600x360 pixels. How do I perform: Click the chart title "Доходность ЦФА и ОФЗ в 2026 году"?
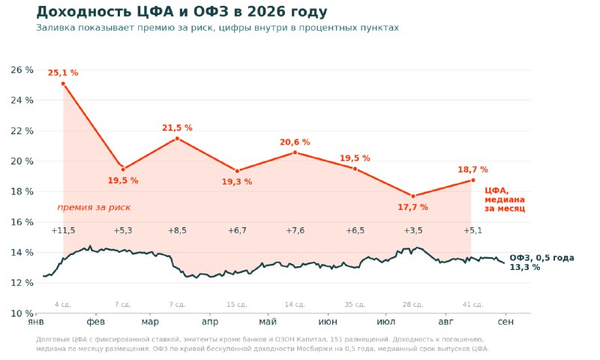[x=181, y=12]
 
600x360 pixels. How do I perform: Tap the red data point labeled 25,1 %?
[x=63, y=83]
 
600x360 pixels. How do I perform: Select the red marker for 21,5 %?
[x=177, y=139]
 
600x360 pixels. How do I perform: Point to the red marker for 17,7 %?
[x=413, y=196]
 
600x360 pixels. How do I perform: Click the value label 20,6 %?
[x=295, y=142]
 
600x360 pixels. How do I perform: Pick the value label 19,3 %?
[x=237, y=181]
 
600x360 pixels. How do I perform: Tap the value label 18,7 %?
[x=473, y=169]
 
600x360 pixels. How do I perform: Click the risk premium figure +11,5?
[x=63, y=230]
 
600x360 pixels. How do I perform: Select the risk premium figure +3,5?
[x=413, y=230]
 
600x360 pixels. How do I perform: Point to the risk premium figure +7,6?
[x=295, y=230]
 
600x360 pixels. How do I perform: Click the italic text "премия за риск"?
[x=94, y=207]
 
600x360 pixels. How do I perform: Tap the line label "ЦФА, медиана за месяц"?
[x=505, y=199]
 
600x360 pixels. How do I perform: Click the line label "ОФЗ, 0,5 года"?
[x=541, y=258]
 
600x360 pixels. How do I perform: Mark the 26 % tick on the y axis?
[x=22, y=70]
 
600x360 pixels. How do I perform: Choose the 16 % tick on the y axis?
[x=22, y=222]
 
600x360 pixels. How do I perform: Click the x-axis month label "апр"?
[x=210, y=322]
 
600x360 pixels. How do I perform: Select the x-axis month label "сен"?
[x=505, y=322]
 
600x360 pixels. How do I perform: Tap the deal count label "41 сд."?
[x=473, y=304]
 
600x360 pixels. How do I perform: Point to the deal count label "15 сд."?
[x=237, y=304]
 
